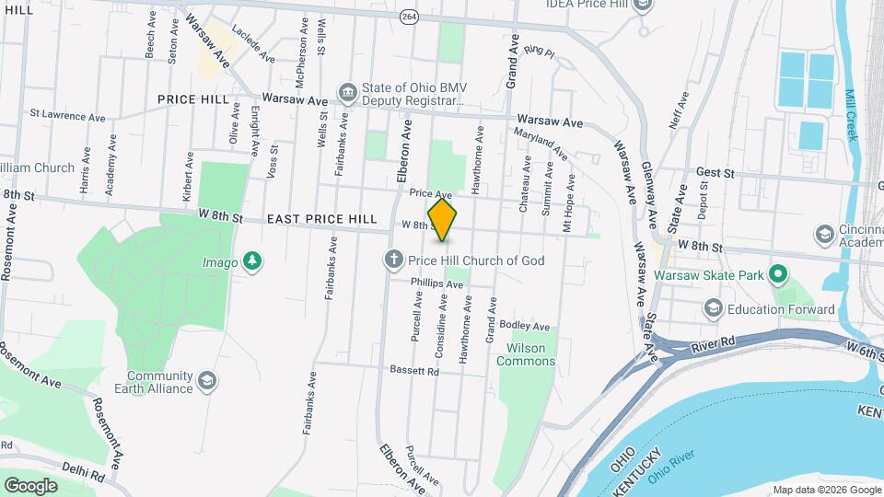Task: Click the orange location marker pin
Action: click(x=443, y=221)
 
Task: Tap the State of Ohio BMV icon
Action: click(x=348, y=91)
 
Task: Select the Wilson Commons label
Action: click(x=521, y=354)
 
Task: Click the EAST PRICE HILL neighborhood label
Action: click(x=322, y=219)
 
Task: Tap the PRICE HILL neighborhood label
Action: click(x=193, y=99)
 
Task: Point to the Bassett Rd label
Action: click(x=413, y=371)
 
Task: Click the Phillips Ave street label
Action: click(x=436, y=285)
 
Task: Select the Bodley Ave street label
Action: click(x=525, y=327)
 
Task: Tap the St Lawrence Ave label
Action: click(x=68, y=116)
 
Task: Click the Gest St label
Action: click(x=715, y=172)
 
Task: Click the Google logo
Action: click(x=30, y=485)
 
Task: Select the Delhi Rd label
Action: click(x=84, y=470)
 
